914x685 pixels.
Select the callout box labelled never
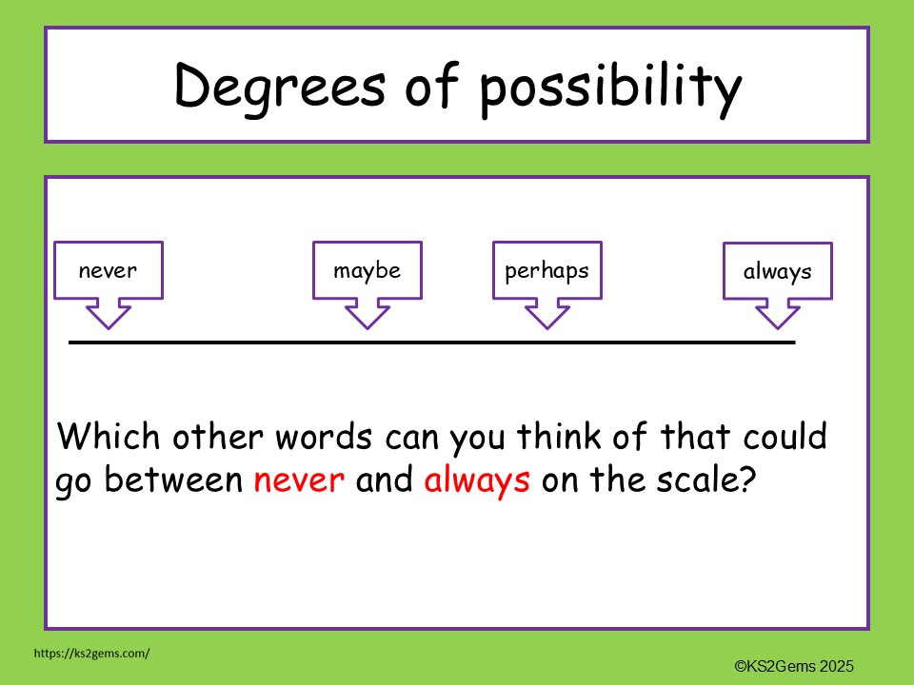click(109, 270)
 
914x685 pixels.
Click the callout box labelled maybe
click(367, 270)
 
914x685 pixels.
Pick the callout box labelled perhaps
click(546, 270)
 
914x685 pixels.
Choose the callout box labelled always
click(777, 272)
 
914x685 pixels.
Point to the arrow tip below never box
click(109, 326)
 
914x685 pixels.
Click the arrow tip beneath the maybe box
click(367, 326)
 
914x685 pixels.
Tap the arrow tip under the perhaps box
click(546, 326)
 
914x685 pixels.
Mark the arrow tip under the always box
click(777, 327)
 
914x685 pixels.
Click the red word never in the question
click(299, 480)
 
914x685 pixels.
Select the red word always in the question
click(477, 480)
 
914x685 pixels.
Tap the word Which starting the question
click(107, 438)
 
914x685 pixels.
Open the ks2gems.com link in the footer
click(91, 654)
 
